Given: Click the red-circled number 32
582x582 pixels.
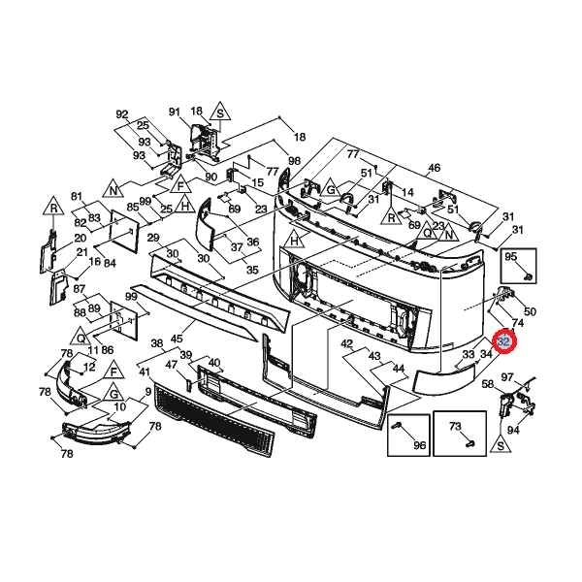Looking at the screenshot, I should click(x=504, y=341).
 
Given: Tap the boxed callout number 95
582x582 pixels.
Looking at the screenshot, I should click(x=512, y=258).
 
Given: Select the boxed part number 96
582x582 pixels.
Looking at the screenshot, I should click(x=419, y=445).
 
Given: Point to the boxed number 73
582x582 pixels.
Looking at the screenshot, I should click(x=454, y=427).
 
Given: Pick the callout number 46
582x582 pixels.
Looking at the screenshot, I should click(x=434, y=168).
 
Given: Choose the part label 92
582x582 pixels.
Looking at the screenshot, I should click(x=122, y=114).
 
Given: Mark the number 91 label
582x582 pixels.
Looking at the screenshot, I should click(x=176, y=112).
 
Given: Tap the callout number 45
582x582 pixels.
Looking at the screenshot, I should click(x=177, y=339).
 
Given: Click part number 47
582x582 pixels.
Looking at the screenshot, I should click(x=172, y=365).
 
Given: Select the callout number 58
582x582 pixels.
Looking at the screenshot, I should click(x=489, y=385).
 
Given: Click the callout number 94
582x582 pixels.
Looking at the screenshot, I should click(x=512, y=430).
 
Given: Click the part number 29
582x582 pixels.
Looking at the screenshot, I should click(x=152, y=237).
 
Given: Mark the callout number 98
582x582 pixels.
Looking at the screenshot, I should click(x=294, y=160).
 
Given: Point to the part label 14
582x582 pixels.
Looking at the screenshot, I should click(x=407, y=192).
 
